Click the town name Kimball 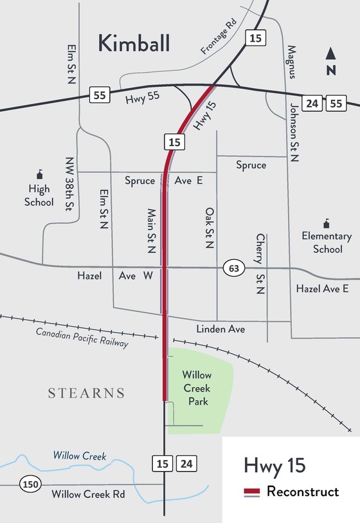[x=134, y=43]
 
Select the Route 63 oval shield [x=233, y=267]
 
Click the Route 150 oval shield [x=29, y=483]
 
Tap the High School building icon [x=40, y=174]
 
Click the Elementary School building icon [x=327, y=223]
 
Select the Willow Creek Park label [x=197, y=388]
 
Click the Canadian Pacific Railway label [x=82, y=338]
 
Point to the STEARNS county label [x=86, y=393]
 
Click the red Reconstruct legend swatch [x=252, y=492]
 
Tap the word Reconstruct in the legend [x=302, y=492]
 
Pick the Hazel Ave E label [x=322, y=289]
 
